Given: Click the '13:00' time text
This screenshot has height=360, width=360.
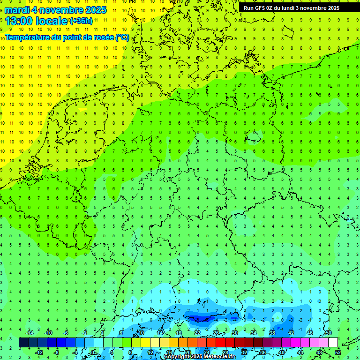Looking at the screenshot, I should pyautogui.click(x=19, y=21).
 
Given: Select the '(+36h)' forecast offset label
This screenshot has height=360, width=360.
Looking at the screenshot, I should pyautogui.click(x=81, y=21).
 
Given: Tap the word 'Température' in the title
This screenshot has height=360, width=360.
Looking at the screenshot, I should pyautogui.click(x=28, y=37).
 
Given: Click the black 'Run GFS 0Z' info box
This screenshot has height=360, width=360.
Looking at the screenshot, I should pyautogui.click(x=292, y=8).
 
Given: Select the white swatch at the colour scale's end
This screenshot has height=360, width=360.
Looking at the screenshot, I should pyautogui.click(x=333, y=343).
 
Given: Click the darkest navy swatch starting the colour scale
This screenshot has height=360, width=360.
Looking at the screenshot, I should pyautogui.click(x=23, y=343).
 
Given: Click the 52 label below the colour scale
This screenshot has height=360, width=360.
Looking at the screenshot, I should pyautogui.click(x=338, y=352).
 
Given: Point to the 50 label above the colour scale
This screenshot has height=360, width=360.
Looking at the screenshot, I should pyautogui.click(x=328, y=333).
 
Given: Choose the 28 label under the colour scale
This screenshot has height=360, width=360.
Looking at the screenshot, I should pyautogui.click(x=225, y=352).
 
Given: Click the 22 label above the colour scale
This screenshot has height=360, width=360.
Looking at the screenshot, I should pyautogui.click(x=197, y=333).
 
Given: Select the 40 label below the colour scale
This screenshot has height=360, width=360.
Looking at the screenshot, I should pyautogui.click(x=282, y=352).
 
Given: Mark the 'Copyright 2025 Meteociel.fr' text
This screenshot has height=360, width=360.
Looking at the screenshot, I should pyautogui.click(x=200, y=357).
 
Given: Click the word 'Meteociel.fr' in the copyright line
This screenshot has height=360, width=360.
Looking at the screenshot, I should pyautogui.click(x=220, y=357).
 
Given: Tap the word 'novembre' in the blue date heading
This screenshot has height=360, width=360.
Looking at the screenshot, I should pyautogui.click(x=60, y=10).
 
